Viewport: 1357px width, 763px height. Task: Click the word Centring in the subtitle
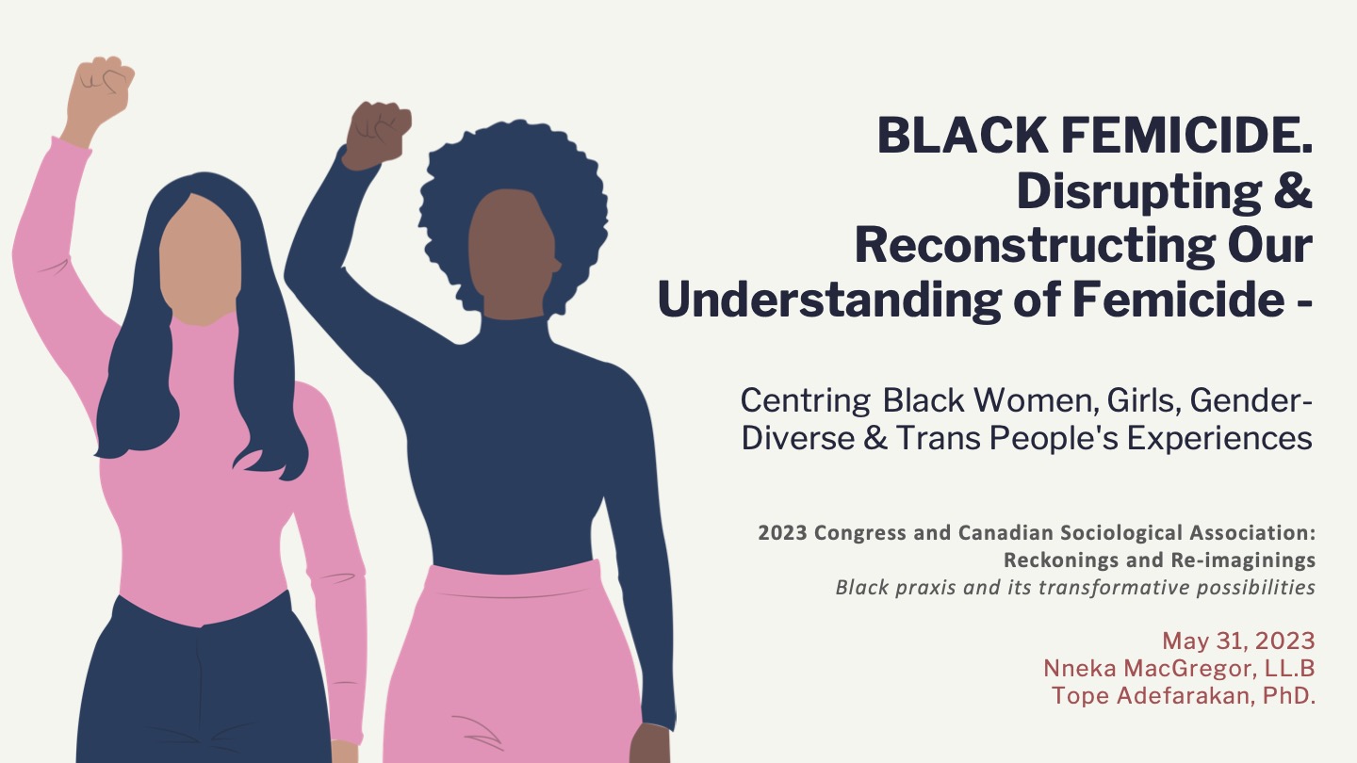(x=805, y=401)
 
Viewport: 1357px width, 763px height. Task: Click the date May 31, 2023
(x=1238, y=641)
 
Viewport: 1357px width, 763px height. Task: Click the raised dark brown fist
(x=378, y=132)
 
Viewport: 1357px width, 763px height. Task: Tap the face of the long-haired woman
(x=201, y=260)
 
